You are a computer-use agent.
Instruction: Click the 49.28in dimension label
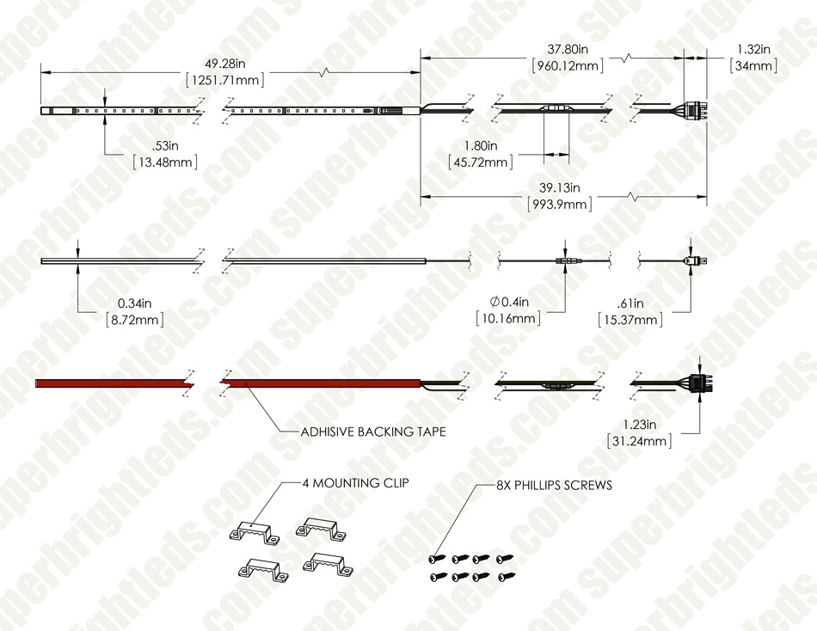click(x=224, y=64)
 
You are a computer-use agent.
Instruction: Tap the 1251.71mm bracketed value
click(x=225, y=80)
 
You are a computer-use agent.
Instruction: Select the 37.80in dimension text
click(x=568, y=49)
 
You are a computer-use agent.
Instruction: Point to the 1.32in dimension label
click(x=753, y=49)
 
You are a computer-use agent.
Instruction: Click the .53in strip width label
click(x=165, y=145)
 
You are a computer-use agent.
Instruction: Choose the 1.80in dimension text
click(x=481, y=146)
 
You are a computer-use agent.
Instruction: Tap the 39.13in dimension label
click(x=559, y=187)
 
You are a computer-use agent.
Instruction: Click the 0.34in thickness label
click(x=134, y=303)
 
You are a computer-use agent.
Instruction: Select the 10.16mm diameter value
click(x=508, y=318)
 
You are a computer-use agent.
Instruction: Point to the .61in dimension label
click(x=630, y=303)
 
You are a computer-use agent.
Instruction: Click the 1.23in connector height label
click(x=639, y=425)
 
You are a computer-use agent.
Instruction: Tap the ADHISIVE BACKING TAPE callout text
click(x=373, y=432)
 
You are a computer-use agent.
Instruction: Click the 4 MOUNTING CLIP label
click(x=355, y=483)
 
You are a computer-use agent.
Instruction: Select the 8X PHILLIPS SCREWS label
click(x=554, y=485)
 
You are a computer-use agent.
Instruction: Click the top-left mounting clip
click(x=254, y=532)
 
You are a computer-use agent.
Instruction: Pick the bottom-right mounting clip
click(x=327, y=564)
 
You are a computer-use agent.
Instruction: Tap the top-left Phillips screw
click(x=437, y=559)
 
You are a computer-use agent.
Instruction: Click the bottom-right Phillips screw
click(x=507, y=576)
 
